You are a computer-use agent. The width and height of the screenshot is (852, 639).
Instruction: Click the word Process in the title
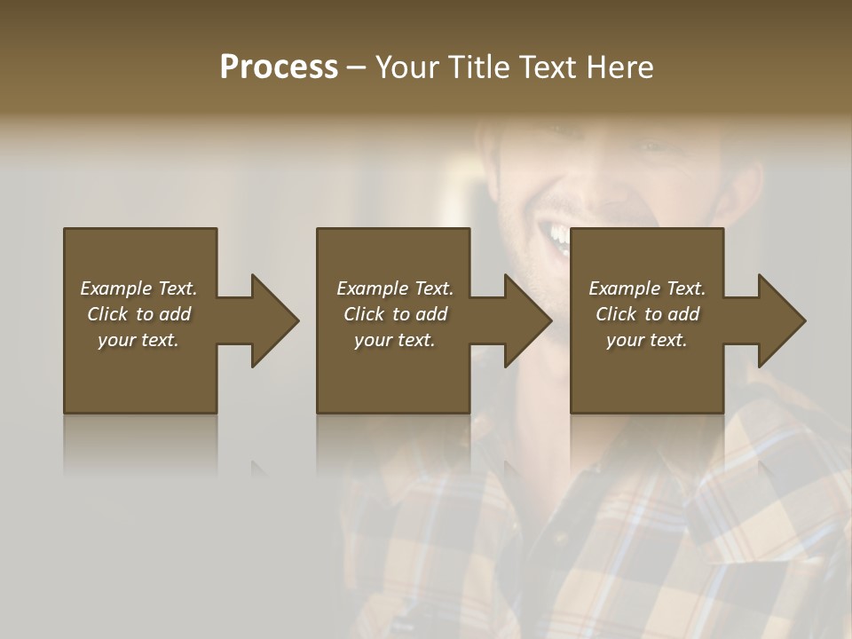click(x=279, y=67)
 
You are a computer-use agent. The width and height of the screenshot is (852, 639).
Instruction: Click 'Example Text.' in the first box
click(x=138, y=288)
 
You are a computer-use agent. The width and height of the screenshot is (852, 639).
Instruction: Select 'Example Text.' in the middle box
click(x=394, y=288)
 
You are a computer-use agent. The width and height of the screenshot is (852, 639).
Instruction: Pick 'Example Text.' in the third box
click(x=647, y=288)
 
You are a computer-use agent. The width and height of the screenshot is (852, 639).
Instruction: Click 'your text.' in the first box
click(x=138, y=340)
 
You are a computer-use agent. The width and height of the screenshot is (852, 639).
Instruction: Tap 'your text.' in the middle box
click(x=394, y=340)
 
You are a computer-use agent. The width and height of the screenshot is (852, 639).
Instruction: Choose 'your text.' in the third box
click(x=647, y=340)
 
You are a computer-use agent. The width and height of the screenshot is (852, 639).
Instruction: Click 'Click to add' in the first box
click(x=138, y=314)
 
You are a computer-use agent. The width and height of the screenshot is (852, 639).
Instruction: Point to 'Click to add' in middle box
click(x=394, y=314)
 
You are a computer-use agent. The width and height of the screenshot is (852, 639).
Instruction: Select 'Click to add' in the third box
click(x=647, y=314)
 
